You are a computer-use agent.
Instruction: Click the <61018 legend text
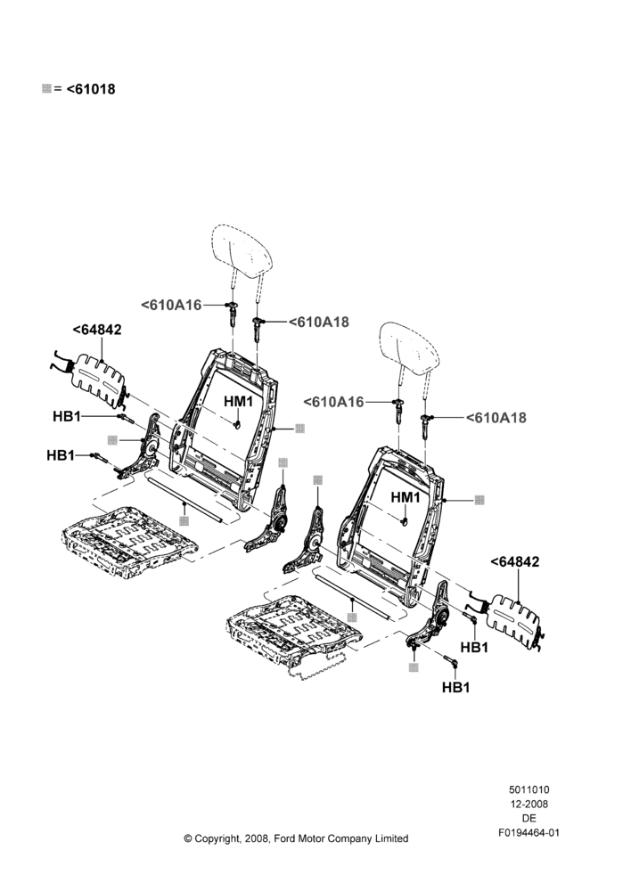pyautogui.click(x=91, y=89)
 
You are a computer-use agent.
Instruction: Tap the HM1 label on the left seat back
pyautogui.click(x=238, y=401)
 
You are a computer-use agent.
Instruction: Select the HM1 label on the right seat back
pyautogui.click(x=406, y=497)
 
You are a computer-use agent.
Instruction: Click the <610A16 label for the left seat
pyautogui.click(x=172, y=305)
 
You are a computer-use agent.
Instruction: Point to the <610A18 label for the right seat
pyautogui.click(x=496, y=418)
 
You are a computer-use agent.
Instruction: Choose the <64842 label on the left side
pyautogui.click(x=97, y=330)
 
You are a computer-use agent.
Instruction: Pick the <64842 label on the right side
pyautogui.click(x=515, y=561)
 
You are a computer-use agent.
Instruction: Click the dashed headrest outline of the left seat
pyautogui.click(x=242, y=247)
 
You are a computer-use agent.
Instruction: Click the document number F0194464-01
pyautogui.click(x=529, y=832)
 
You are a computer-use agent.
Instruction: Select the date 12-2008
pyautogui.click(x=529, y=804)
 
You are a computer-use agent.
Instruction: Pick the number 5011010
pyautogui.click(x=529, y=789)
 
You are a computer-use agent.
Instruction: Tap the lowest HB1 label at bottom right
pyautogui.click(x=456, y=688)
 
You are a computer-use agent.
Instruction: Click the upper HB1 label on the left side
pyautogui.click(x=67, y=416)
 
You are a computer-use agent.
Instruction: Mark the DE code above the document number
pyautogui.click(x=529, y=818)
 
